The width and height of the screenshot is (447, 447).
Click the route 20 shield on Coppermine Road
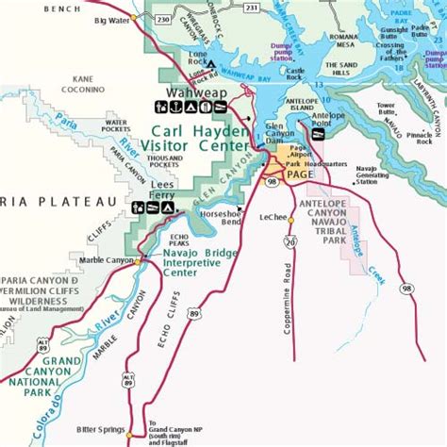291,242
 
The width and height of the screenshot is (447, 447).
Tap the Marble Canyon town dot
139,261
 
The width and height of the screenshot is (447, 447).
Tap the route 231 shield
251,7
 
